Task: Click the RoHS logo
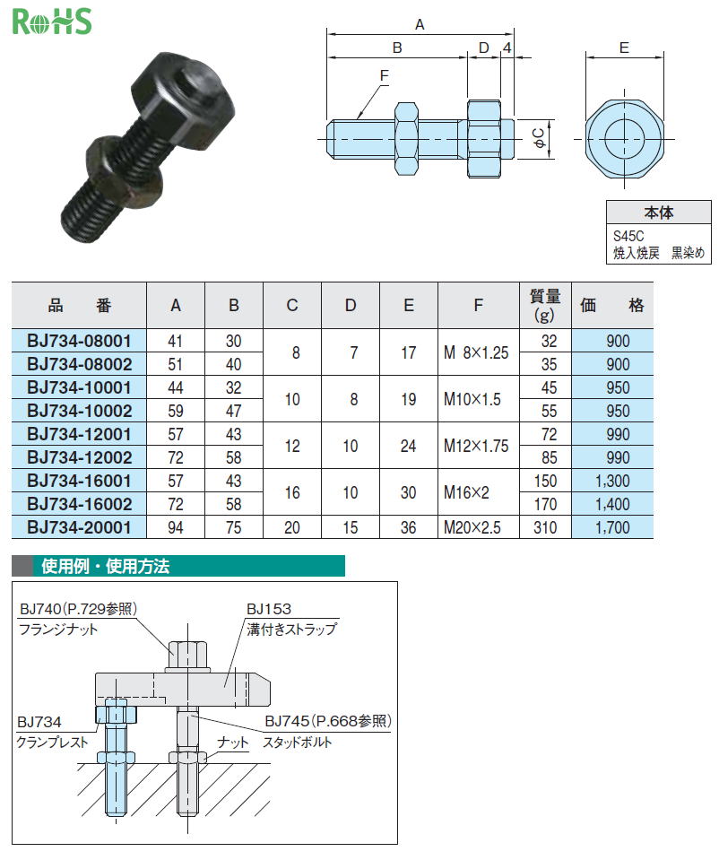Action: (52, 22)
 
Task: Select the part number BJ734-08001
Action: (79, 341)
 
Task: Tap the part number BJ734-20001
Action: (79, 527)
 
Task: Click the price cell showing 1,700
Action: (612, 527)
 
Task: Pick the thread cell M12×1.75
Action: (476, 446)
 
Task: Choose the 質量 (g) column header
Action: (545, 306)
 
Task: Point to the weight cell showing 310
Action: (545, 527)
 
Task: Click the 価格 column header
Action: (612, 306)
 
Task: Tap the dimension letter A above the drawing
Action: (420, 25)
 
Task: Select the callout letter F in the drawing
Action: (384, 75)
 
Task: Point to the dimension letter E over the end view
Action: (624, 48)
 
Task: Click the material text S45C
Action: (628, 237)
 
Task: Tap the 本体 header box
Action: (659, 213)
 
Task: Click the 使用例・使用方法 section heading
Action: (106, 566)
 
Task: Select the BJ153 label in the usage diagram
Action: (269, 609)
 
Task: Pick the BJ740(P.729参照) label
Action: (78, 609)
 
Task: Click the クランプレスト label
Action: (52, 743)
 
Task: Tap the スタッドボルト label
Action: (298, 743)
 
